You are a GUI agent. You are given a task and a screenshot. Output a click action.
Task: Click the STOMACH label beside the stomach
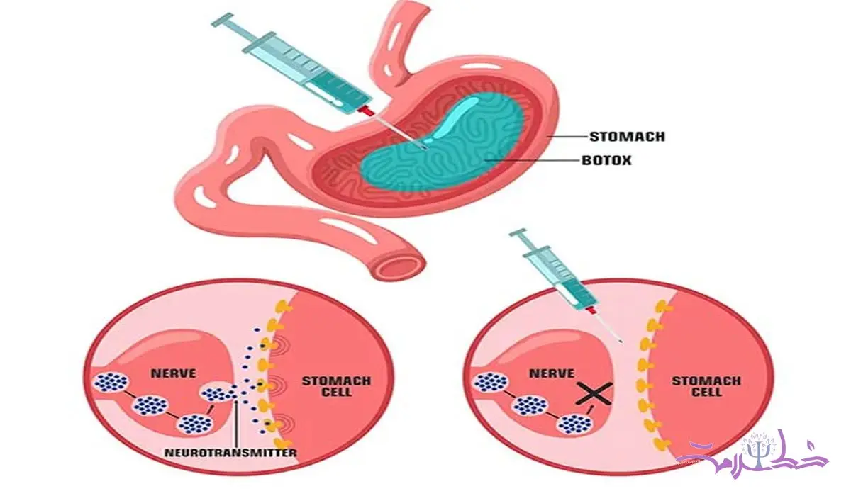click(x=628, y=137)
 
